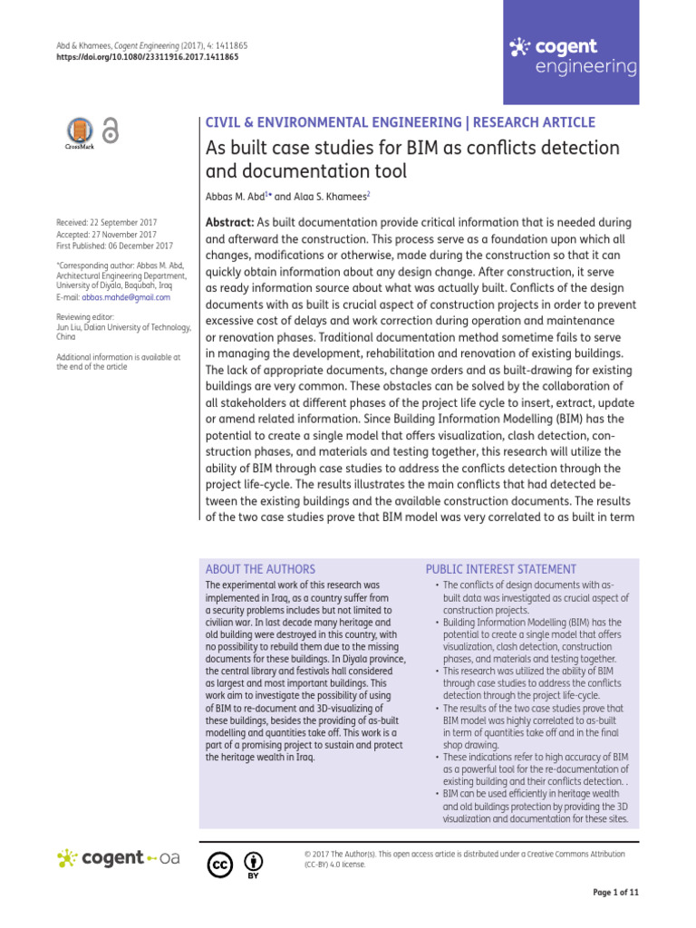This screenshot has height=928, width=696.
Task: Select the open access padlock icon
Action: tap(111, 131)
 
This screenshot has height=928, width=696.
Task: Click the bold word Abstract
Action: tap(231, 222)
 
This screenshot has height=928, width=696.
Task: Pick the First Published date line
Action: tap(113, 245)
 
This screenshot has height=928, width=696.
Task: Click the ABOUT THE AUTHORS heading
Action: tap(260, 569)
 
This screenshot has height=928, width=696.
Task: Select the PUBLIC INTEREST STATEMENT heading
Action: tap(500, 569)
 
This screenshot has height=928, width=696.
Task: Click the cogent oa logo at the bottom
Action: tap(119, 858)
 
